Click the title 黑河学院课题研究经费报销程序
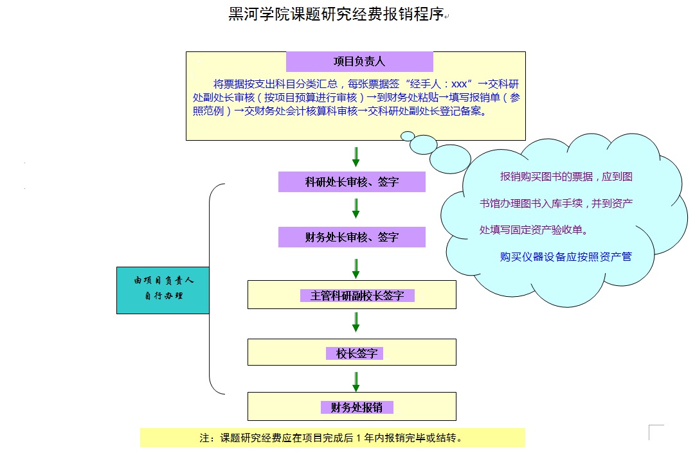pyautogui.click(x=336, y=14)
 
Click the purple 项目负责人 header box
pyautogui.click(x=359, y=61)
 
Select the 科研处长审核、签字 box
pyautogui.click(x=352, y=182)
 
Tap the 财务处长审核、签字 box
pyautogui.click(x=352, y=237)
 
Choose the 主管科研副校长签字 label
pyautogui.click(x=357, y=296)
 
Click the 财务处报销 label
pyautogui.click(x=357, y=407)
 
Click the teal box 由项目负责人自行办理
pyautogui.click(x=163, y=290)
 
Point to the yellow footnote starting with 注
pyautogui.click(x=332, y=438)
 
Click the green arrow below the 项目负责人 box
pyautogui.click(x=356, y=156)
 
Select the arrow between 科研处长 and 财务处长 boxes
pyautogui.click(x=356, y=208)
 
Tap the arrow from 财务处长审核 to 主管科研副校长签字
pyautogui.click(x=356, y=269)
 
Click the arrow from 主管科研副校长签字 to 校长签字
pyautogui.click(x=356, y=322)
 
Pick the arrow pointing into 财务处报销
pyautogui.click(x=356, y=382)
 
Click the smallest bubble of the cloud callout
pyautogui.click(x=408, y=136)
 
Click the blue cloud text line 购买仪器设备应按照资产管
pyautogui.click(x=566, y=257)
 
